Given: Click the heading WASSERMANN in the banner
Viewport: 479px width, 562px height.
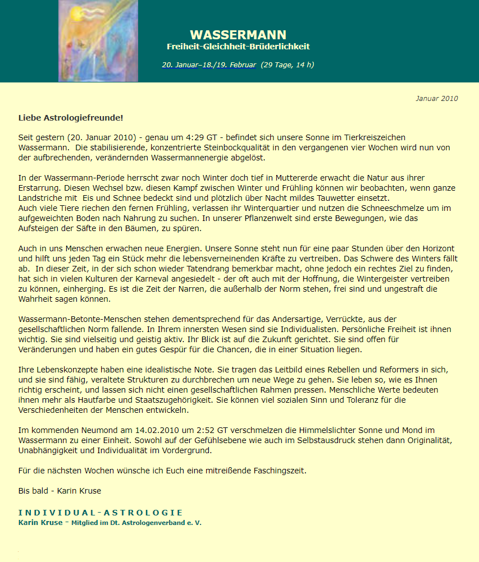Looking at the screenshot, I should click(238, 35).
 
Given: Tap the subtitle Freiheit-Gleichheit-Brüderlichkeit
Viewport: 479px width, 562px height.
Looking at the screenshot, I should click(238, 47).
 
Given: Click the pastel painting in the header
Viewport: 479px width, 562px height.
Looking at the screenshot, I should click(98, 40).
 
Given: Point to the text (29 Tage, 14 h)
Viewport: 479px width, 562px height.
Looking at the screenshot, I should click(287, 65).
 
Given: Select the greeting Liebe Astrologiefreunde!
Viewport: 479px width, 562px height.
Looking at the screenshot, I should click(70, 118).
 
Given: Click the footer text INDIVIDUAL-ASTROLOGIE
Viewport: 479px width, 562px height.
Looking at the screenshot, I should click(101, 513).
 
